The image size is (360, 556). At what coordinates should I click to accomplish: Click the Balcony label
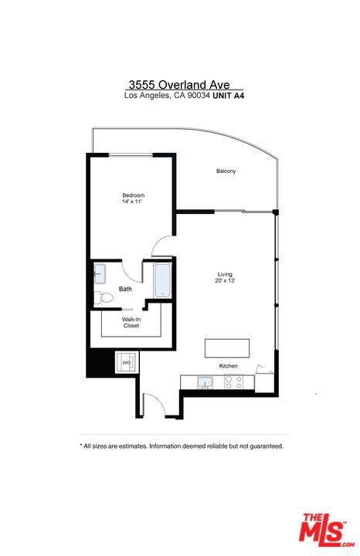[x=226, y=171]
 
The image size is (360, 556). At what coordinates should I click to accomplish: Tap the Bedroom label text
[x=134, y=195]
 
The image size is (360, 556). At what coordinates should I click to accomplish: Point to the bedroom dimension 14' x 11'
[x=132, y=202]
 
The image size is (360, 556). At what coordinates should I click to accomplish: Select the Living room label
[x=225, y=274]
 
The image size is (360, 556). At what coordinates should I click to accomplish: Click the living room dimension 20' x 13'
[x=225, y=280]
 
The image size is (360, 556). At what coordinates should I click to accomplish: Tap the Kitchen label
[x=229, y=365]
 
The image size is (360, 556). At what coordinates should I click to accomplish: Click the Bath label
[x=125, y=289]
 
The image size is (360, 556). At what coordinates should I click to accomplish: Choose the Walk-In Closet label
[x=131, y=322]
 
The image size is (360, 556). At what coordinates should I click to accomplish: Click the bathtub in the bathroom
[x=162, y=280]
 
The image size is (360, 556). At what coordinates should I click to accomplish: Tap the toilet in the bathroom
[x=104, y=297]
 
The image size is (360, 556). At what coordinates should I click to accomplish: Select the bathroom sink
[x=100, y=274]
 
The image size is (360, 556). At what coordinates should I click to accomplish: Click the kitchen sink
[x=205, y=382]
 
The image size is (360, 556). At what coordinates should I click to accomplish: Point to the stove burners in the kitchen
[x=234, y=382]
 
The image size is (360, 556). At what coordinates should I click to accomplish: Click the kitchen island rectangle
[x=227, y=348]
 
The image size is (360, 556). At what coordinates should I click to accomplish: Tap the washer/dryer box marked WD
[x=126, y=362]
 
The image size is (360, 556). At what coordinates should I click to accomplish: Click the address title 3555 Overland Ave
[x=179, y=85]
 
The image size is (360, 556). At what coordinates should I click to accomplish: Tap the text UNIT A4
[x=229, y=96]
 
